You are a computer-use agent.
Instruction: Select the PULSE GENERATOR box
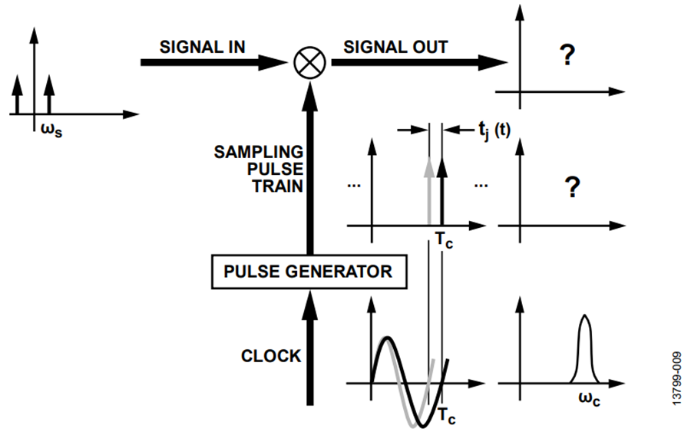pyautogui.click(x=308, y=271)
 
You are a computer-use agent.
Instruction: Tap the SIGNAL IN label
pyautogui.click(x=202, y=47)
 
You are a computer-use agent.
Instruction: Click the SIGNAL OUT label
pyautogui.click(x=395, y=47)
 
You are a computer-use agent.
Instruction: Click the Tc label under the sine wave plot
pyautogui.click(x=447, y=416)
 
